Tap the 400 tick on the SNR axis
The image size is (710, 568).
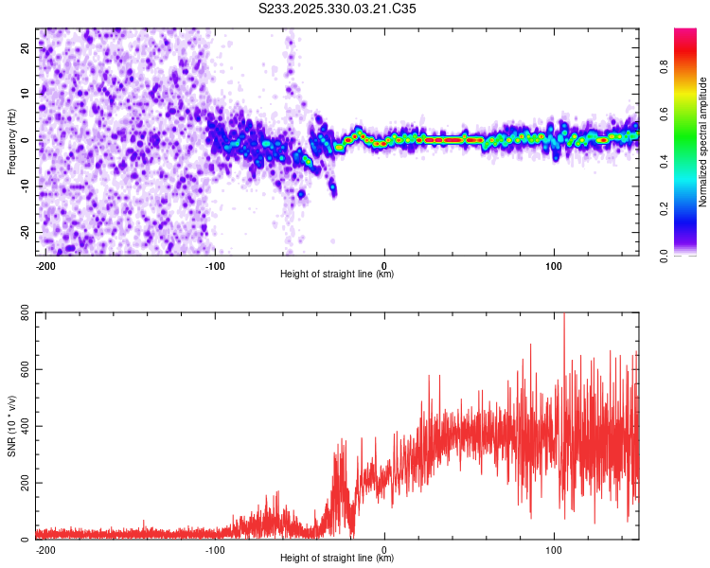click(x=21, y=426)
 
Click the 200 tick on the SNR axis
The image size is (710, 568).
click(x=21, y=483)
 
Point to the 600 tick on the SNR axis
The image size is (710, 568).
click(x=21, y=369)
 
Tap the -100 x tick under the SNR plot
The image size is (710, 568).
click(x=215, y=549)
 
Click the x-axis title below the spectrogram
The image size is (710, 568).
click(x=337, y=275)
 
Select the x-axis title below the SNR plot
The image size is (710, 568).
click(x=337, y=559)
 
